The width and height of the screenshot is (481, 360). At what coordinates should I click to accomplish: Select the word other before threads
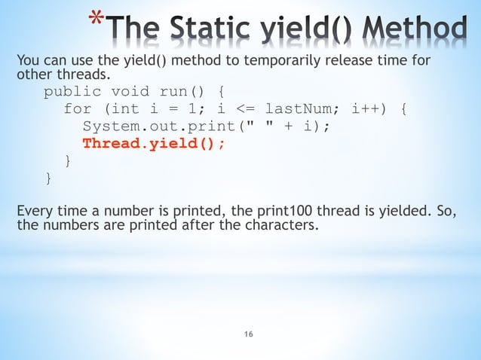pos(34,75)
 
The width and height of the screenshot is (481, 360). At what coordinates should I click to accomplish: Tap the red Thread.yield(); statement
pos(154,144)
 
